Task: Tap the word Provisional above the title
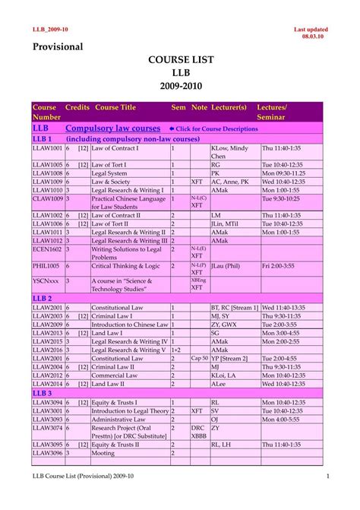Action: [58, 47]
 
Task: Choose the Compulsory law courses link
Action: [113, 128]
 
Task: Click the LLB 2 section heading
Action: [43, 298]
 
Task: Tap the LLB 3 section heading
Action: [43, 394]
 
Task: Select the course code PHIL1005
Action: [47, 266]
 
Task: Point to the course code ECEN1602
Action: [47, 249]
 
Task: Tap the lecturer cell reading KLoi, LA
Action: [225, 375]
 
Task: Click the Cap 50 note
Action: [199, 358]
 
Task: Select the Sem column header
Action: [178, 108]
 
